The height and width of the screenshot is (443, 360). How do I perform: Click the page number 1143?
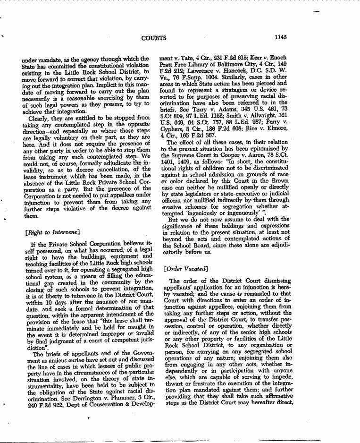[x=281, y=37]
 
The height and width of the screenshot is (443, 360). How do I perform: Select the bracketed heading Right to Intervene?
[x=52, y=232]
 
